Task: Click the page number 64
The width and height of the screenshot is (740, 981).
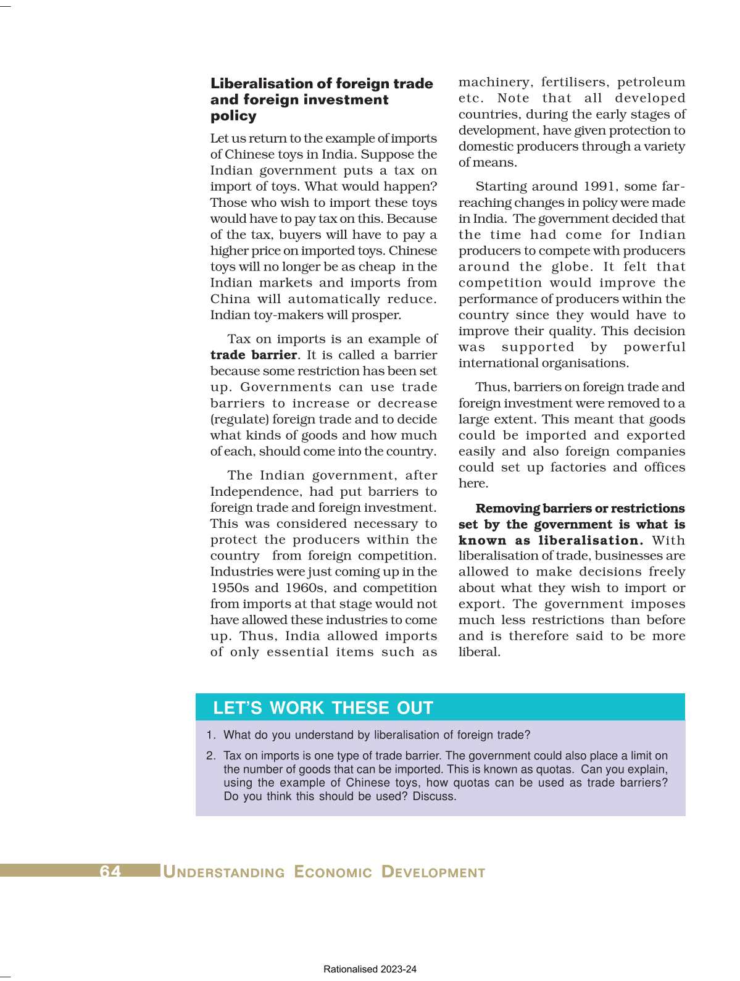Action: click(x=110, y=871)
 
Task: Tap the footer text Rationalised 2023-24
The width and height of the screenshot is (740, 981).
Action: click(x=370, y=969)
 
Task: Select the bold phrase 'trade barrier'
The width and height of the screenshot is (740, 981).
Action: click(x=254, y=355)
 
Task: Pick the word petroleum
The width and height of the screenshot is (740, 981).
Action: click(x=651, y=82)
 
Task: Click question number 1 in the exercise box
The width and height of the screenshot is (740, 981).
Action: click(x=211, y=735)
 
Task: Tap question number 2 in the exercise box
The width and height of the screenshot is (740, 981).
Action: click(x=211, y=756)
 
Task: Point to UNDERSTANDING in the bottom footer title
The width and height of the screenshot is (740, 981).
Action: click(x=224, y=872)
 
